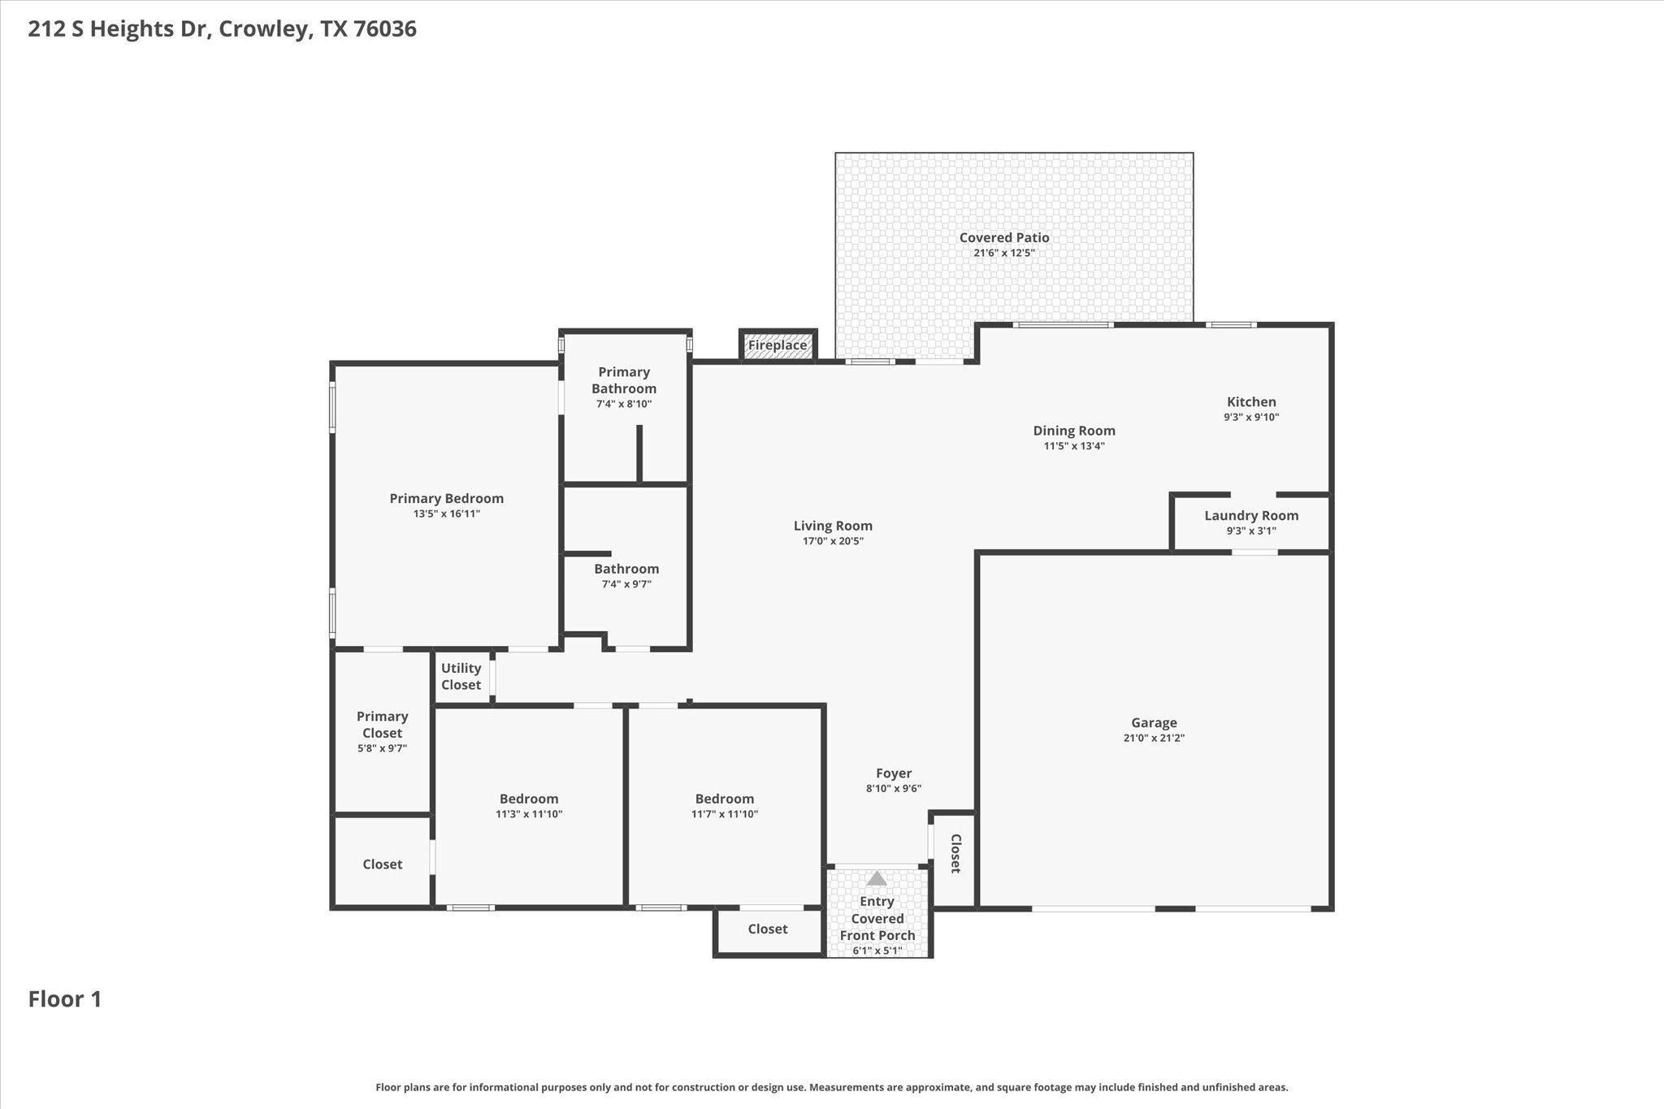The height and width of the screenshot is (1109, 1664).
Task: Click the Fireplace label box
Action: tap(778, 345)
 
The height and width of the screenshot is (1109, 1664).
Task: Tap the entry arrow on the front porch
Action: tap(877, 878)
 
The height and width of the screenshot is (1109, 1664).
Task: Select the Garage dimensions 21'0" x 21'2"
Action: tap(1153, 738)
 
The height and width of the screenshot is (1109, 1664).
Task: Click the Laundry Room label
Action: tap(1251, 515)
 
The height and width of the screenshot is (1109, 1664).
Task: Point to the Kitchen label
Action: tap(1251, 401)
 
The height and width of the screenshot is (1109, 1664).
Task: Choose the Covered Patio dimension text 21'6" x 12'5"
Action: tap(1004, 253)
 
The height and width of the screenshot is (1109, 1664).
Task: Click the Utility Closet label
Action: tap(461, 676)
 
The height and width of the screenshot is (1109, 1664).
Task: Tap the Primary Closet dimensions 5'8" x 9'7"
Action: tap(382, 748)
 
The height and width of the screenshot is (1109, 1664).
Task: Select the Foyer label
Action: tap(894, 773)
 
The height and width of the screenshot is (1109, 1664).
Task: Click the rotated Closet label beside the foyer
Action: tap(955, 853)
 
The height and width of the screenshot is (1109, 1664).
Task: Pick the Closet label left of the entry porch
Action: tap(767, 929)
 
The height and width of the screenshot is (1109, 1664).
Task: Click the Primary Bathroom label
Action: tap(624, 379)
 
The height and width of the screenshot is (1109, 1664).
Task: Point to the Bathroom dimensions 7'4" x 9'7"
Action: tap(626, 584)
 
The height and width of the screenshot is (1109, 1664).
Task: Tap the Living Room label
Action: tap(833, 526)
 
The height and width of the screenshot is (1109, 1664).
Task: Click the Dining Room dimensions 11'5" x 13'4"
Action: tap(1074, 446)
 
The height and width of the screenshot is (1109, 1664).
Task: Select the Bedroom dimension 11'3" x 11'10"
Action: tap(529, 814)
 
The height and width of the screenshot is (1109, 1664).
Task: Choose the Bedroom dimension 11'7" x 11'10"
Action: tap(725, 814)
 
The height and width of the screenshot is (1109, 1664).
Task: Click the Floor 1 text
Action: tap(65, 999)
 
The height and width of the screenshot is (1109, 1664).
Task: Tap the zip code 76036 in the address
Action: tap(385, 29)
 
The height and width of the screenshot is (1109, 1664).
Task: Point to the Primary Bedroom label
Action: tap(446, 498)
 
